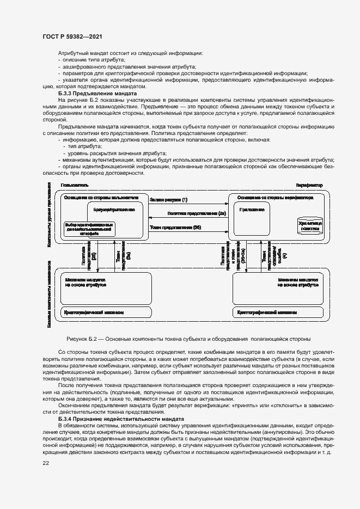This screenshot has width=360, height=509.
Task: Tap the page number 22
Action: point(46,463)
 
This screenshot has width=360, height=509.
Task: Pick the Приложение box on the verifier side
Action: point(252,209)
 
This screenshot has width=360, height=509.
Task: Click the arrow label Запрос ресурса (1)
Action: point(168,200)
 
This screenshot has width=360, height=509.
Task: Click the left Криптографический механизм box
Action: point(94,313)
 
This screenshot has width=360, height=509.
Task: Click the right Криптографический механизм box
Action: point(267,313)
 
